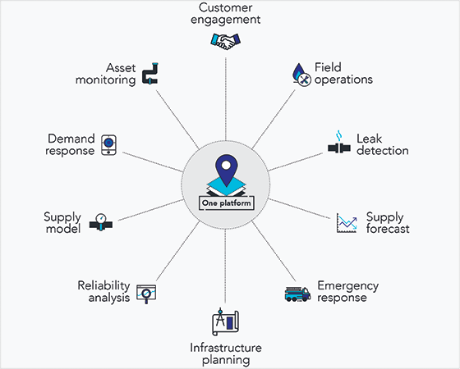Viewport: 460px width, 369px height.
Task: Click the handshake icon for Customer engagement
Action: pyautogui.click(x=225, y=41)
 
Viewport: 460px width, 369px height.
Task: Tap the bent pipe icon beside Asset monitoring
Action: pyautogui.click(x=150, y=74)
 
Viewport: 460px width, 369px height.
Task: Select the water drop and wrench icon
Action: pyautogui.click(x=302, y=75)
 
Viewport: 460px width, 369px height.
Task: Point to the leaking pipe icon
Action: pyautogui.click(x=339, y=143)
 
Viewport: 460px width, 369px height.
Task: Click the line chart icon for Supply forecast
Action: pyautogui.click(x=347, y=223)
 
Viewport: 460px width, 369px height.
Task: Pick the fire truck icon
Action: pyautogui.click(x=297, y=294)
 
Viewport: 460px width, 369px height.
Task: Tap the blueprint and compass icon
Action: pyautogui.click(x=225, y=321)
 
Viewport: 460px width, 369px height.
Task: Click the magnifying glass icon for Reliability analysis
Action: pyautogui.click(x=146, y=294)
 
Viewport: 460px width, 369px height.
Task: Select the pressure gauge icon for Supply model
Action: pyautogui.click(x=101, y=222)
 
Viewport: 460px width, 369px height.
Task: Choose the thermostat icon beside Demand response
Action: pyautogui.click(x=108, y=145)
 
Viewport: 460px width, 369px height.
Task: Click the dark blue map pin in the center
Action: pyautogui.click(x=226, y=171)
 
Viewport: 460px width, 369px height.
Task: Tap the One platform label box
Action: pyautogui.click(x=227, y=203)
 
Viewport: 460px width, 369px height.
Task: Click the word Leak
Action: pyautogui.click(x=369, y=139)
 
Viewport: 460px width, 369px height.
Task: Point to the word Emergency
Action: pyautogui.click(x=348, y=286)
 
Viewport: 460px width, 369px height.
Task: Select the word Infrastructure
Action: pyautogui.click(x=226, y=348)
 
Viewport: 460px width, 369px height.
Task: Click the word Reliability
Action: pyautogui.click(x=103, y=285)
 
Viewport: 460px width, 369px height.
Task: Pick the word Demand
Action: pyautogui.click(x=71, y=139)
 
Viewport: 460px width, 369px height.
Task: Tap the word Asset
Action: pyautogui.click(x=121, y=68)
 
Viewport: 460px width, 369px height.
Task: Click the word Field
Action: pyautogui.click(x=328, y=67)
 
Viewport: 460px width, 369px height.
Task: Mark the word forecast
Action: pyautogui.click(x=388, y=229)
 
